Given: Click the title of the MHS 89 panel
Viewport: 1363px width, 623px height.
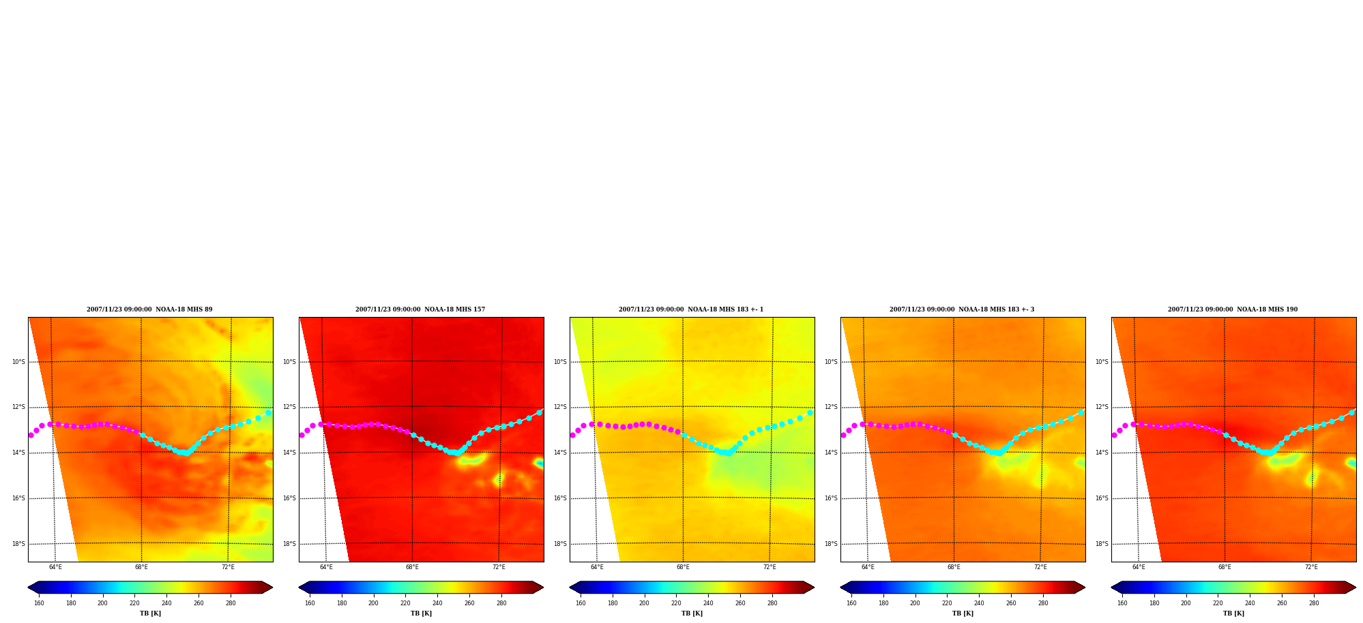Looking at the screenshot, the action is point(149,309).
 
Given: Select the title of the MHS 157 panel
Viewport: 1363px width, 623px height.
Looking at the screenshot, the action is point(420,309).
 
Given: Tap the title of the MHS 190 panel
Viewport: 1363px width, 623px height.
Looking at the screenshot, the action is point(1233,309).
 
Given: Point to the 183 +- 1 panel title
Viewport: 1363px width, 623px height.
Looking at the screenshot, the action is point(691,309).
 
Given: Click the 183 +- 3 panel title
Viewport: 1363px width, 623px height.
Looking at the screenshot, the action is point(962,309).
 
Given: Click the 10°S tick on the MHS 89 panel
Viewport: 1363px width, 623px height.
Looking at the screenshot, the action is point(18,362).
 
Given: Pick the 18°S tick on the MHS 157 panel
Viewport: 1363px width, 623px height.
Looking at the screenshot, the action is point(289,544).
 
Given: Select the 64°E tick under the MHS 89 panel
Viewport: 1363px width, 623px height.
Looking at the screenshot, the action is point(55,567).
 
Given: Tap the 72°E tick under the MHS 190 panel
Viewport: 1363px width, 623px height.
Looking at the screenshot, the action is point(1311,567).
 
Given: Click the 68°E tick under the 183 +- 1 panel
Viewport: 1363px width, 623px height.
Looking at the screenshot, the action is point(683,567).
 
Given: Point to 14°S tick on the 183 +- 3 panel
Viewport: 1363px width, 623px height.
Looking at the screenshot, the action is point(831,453).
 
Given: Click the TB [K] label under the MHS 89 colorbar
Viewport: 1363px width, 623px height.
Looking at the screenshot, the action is point(150,613).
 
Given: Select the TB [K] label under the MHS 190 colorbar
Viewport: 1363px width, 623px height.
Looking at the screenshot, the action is point(1233,613).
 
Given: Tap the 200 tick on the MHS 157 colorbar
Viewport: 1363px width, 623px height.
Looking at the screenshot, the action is point(373,603).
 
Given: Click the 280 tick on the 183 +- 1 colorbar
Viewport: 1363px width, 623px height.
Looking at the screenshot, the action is point(772,603).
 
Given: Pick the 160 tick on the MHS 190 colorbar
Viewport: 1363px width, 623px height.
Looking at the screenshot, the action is point(1122,603).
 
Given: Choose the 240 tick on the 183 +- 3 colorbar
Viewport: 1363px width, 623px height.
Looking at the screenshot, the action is point(979,603).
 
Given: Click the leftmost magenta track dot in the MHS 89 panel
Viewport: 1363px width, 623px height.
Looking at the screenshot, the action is point(31,435).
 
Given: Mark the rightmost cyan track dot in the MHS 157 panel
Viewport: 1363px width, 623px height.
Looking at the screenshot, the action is point(539,412).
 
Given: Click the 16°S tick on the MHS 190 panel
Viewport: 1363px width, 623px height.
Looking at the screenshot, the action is point(1102,498).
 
